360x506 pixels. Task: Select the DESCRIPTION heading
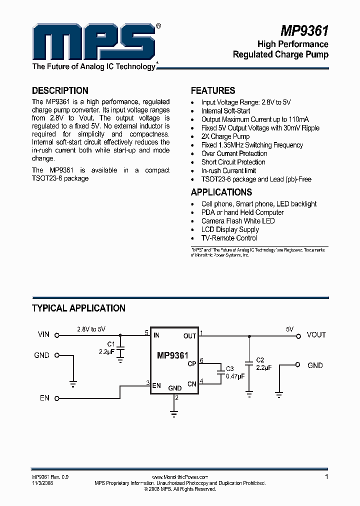60,90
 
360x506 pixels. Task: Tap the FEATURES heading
213,90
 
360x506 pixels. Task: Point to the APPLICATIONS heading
221,192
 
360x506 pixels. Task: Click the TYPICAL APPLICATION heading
78,308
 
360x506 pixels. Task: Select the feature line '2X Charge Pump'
225,136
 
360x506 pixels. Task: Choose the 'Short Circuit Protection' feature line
233,162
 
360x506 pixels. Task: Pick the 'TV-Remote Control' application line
229,238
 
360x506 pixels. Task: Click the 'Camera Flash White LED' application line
237,221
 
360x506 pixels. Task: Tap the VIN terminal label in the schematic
43,334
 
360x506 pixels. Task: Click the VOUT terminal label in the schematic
316,334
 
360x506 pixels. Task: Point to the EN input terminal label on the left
44,398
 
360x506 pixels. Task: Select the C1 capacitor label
111,344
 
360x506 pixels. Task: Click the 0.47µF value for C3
235,376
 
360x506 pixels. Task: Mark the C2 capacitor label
259,360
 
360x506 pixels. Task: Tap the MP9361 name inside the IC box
172,356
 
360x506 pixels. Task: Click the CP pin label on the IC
191,364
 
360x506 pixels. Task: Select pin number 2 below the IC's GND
176,398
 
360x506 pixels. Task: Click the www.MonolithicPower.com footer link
179,477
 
